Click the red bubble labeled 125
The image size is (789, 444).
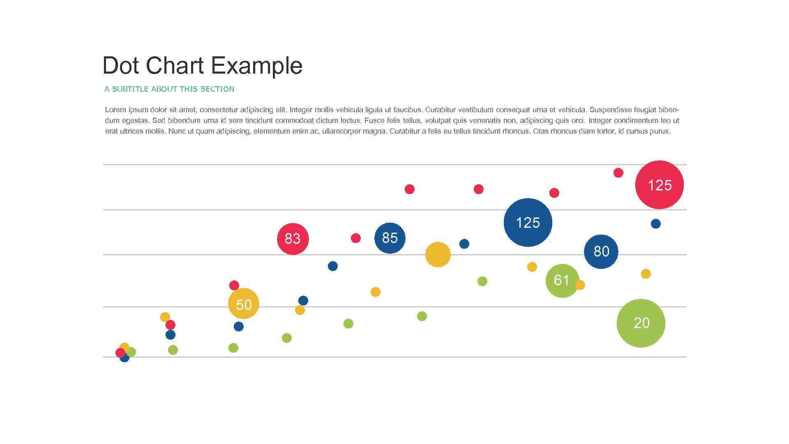[659, 185]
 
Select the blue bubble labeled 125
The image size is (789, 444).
[528, 222]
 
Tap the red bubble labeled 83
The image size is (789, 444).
[293, 238]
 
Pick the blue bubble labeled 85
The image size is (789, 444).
[390, 238]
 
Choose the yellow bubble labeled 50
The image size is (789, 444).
[244, 304]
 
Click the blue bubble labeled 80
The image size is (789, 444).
[601, 251]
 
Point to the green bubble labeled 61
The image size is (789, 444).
[561, 280]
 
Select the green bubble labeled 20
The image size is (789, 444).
[641, 323]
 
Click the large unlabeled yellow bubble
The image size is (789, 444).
[438, 254]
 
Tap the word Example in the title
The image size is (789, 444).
[257, 66]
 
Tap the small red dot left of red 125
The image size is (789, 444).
[618, 173]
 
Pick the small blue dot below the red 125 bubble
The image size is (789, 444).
[655, 224]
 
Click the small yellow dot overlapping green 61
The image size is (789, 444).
[580, 285]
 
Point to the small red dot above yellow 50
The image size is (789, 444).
[234, 285]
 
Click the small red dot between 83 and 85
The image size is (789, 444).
[355, 238]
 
